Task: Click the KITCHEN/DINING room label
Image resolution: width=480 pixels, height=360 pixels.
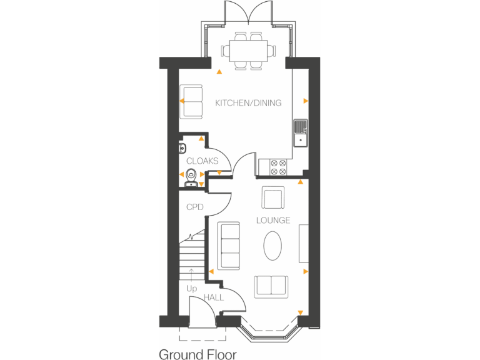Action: tap(248, 103)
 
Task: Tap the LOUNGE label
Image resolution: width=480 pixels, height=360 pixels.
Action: tap(273, 220)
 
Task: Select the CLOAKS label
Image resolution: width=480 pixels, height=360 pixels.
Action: tap(202, 161)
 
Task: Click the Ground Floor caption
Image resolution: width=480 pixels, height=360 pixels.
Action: tap(197, 354)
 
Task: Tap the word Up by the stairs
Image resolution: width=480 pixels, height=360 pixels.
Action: tap(191, 289)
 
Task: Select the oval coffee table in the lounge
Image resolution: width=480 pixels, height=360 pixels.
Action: tap(272, 246)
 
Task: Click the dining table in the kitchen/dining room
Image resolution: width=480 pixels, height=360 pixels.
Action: tap(248, 49)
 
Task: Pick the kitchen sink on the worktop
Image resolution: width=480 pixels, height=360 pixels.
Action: tap(301, 134)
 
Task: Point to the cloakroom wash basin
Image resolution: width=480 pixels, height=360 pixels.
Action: tap(182, 148)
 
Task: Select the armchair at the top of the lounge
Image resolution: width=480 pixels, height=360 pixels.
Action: tap(272, 198)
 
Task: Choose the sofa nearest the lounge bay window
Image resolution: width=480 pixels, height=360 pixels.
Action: tap(271, 286)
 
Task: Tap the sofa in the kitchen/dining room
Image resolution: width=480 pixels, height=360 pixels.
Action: tap(192, 101)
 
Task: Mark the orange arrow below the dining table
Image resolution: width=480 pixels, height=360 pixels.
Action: tap(219, 72)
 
